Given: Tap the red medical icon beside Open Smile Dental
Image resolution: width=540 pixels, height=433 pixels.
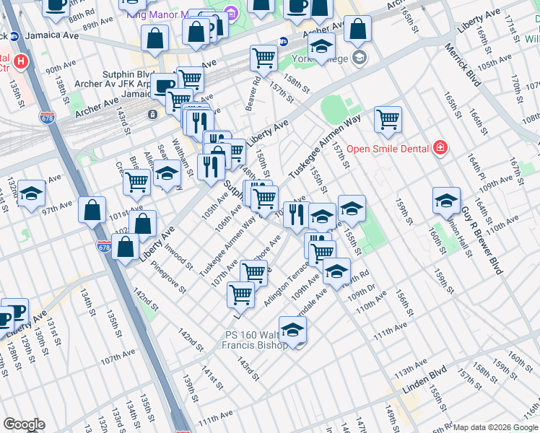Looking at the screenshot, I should click(439, 149).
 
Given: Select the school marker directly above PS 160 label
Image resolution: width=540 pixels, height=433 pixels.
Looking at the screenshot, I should click(292, 331).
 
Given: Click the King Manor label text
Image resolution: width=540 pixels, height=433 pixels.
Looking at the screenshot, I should click(156, 14).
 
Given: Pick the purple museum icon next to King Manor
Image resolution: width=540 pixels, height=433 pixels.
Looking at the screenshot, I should click(231, 12).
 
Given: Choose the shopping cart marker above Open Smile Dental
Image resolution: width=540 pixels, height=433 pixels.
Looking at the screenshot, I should click(388, 119).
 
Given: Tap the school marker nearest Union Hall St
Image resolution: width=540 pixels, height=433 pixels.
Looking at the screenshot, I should click(446, 200).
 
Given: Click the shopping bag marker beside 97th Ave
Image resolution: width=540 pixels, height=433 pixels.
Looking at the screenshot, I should click(92, 210).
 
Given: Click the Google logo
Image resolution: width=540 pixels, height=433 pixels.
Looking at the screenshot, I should click(24, 424).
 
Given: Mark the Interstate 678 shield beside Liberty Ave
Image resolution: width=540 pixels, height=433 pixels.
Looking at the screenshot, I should click(103, 247).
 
